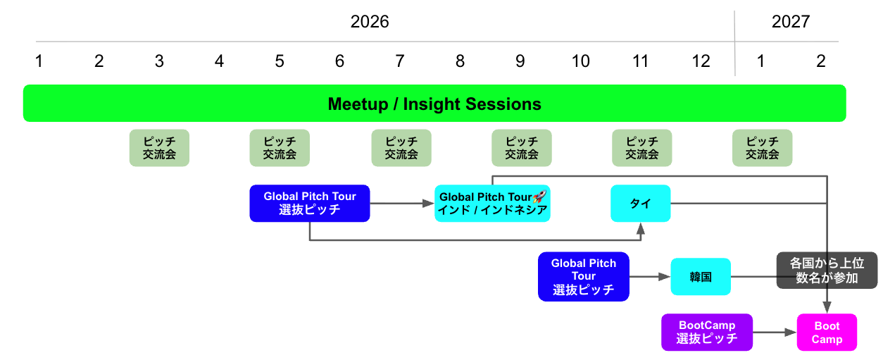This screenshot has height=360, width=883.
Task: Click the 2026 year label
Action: tap(370, 21)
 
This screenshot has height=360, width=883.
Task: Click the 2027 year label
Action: tap(790, 21)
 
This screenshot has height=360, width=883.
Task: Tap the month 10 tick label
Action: tap(580, 61)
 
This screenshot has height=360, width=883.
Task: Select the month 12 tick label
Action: tap(701, 61)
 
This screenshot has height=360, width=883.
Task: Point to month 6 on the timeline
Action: tap(339, 61)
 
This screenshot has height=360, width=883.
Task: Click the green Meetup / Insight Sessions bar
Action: tap(434, 104)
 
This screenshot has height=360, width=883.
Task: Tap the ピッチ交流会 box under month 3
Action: tap(159, 148)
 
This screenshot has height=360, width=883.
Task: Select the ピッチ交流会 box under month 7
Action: tap(401, 148)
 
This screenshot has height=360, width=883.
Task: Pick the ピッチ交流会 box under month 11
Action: tap(641, 148)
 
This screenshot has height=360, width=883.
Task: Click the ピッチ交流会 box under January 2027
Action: tap(762, 148)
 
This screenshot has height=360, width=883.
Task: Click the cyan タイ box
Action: tap(641, 204)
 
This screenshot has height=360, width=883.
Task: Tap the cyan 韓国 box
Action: tap(701, 277)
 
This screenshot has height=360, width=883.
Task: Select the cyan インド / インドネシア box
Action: tap(492, 204)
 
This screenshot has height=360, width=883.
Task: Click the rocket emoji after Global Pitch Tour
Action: tap(539, 197)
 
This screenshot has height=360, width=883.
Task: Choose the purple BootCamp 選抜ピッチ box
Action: tap(707, 332)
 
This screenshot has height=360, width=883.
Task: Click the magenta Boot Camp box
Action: tap(827, 332)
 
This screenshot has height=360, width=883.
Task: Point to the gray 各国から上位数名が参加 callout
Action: tap(827, 271)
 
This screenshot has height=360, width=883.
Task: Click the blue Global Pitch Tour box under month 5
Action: tap(309, 204)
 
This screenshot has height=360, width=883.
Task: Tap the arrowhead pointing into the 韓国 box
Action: tap(665, 277)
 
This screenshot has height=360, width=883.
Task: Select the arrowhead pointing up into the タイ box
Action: tap(641, 229)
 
